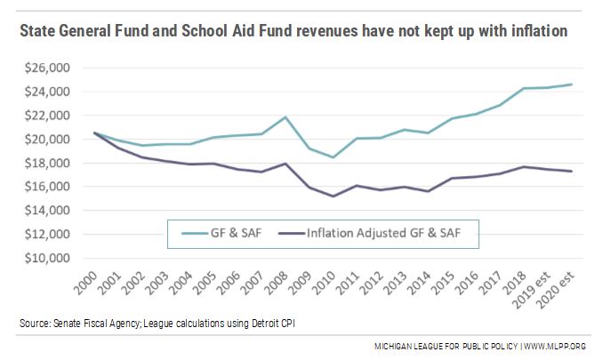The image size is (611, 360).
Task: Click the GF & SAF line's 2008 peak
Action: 285,117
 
